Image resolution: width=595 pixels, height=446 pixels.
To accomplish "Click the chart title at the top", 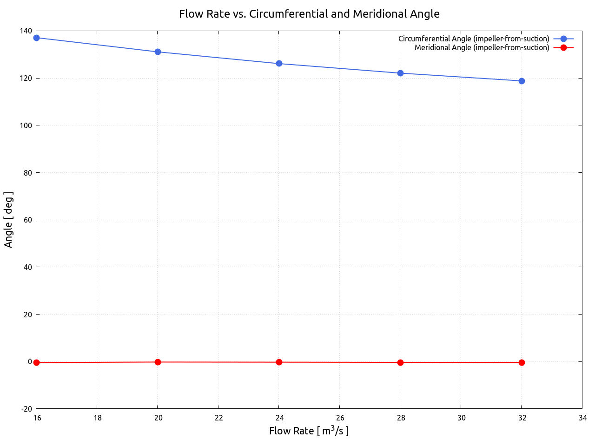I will tap(309, 14).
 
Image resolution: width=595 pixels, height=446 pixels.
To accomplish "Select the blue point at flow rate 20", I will tap(158, 52).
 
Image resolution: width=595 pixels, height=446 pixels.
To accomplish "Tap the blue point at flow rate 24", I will tap(279, 64).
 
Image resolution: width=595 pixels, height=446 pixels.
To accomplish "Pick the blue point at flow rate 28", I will tap(400, 73).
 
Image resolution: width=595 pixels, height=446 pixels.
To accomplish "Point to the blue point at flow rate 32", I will tap(522, 81).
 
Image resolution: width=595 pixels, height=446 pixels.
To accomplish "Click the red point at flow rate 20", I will tap(158, 362).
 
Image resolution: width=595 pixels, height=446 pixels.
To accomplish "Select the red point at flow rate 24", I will tap(279, 362).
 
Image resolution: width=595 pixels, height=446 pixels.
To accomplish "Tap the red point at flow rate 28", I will tap(400, 362).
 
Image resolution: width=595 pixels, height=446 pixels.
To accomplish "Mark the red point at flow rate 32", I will tap(522, 362).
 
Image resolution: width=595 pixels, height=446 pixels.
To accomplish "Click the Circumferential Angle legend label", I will tap(474, 39).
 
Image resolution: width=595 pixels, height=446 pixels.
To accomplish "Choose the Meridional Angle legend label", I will tap(482, 48).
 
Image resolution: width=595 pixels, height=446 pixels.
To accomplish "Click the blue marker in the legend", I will tap(563, 39).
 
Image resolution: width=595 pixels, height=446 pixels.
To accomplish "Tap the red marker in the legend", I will tap(563, 48).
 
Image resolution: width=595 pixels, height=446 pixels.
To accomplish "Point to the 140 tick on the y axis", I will tap(26, 31).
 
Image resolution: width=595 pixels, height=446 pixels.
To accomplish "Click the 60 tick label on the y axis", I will tap(28, 220).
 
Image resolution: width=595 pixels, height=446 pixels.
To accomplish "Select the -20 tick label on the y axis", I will tap(26, 409).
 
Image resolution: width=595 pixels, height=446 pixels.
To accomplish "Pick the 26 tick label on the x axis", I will tap(340, 418).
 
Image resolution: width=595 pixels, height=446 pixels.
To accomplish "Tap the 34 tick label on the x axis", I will tap(582, 418).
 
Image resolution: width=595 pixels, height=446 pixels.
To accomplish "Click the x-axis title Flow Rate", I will tap(309, 431).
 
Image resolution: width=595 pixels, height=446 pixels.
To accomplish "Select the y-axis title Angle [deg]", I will tap(8, 220).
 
